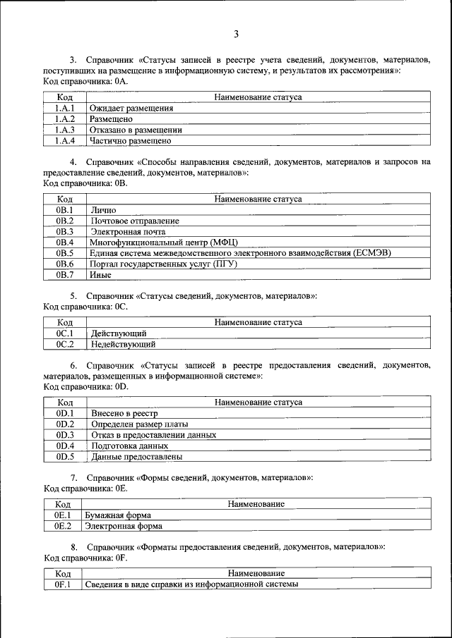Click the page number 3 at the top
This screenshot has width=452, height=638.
pyautogui.click(x=237, y=34)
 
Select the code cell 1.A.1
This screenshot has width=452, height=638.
pyautogui.click(x=64, y=109)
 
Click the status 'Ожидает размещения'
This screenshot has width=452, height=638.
pyautogui.click(x=131, y=109)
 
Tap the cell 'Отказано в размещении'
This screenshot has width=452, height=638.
pyautogui.click(x=136, y=130)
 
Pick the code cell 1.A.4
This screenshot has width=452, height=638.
pyautogui.click(x=64, y=140)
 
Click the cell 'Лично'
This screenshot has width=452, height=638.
pyautogui.click(x=103, y=210)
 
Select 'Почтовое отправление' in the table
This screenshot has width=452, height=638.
pyautogui.click(x=135, y=221)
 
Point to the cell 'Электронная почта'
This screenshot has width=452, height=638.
pyautogui.click(x=128, y=231)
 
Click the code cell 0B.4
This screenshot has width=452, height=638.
pyautogui.click(x=64, y=242)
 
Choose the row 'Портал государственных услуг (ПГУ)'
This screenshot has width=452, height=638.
pyautogui.click(x=163, y=264)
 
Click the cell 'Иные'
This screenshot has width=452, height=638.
pyautogui.click(x=102, y=274)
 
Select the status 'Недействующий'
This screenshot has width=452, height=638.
pyautogui.click(x=123, y=345)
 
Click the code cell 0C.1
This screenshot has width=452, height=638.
pyautogui.click(x=64, y=333)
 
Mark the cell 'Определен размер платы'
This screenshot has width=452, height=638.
pyautogui.click(x=140, y=424)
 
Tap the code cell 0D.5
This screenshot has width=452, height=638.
pyautogui.click(x=64, y=456)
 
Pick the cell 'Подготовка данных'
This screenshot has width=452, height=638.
pyautogui.click(x=130, y=446)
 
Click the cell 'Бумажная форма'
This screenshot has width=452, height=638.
pyautogui.click(x=118, y=515)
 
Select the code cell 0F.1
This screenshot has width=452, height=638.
pyautogui.click(x=63, y=585)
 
